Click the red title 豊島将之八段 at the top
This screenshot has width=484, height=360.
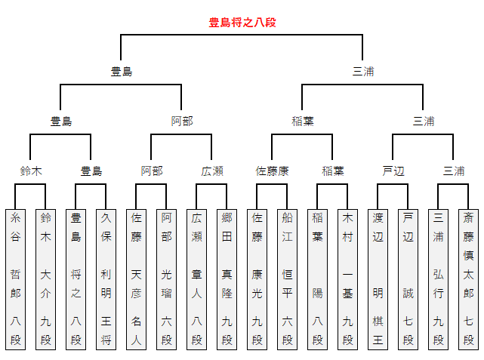(x=242, y=23)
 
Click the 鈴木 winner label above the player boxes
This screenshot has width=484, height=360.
(x=31, y=171)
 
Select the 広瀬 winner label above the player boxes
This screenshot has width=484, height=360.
(x=212, y=171)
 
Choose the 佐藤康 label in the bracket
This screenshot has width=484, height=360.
(x=273, y=171)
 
